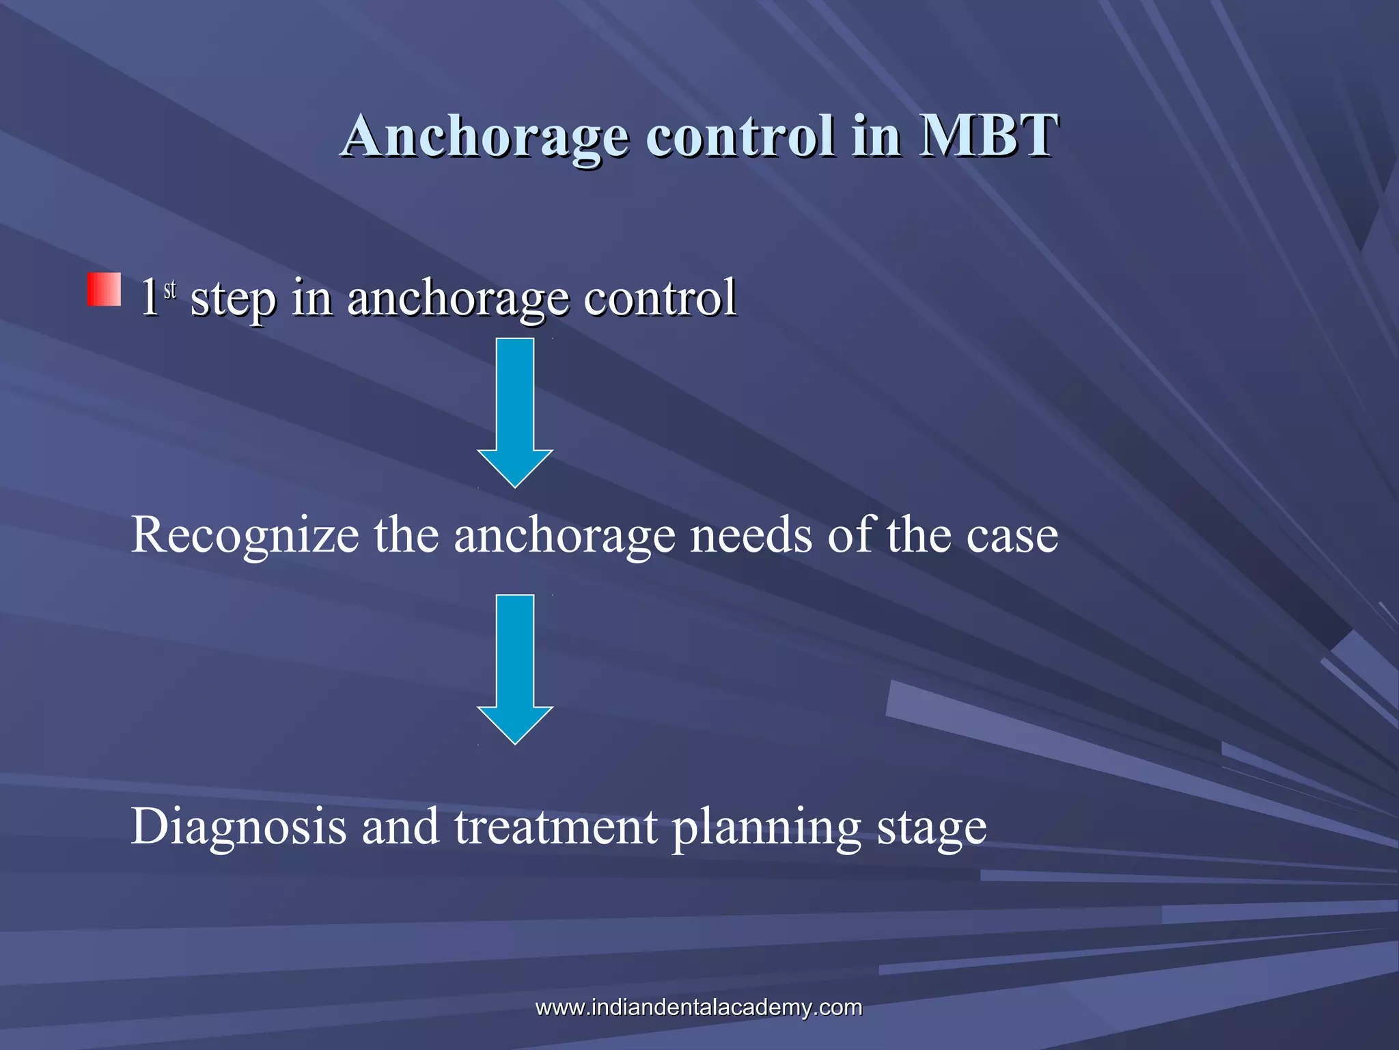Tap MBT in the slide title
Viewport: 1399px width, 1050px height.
(988, 135)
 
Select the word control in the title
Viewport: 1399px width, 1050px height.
(740, 135)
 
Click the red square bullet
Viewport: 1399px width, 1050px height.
(104, 290)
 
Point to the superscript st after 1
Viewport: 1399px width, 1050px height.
(170, 289)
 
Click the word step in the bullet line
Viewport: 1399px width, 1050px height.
(233, 299)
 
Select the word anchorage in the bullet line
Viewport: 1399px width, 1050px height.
(458, 299)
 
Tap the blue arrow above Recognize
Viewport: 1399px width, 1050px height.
(515, 412)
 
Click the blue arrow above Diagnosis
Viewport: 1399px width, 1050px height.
(515, 668)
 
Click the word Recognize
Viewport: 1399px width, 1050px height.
(245, 536)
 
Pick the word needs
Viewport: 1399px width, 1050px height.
(751, 535)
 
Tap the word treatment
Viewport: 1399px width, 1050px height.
(555, 826)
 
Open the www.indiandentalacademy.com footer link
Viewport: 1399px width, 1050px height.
(699, 1007)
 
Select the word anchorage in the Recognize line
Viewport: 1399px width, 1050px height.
(564, 536)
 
